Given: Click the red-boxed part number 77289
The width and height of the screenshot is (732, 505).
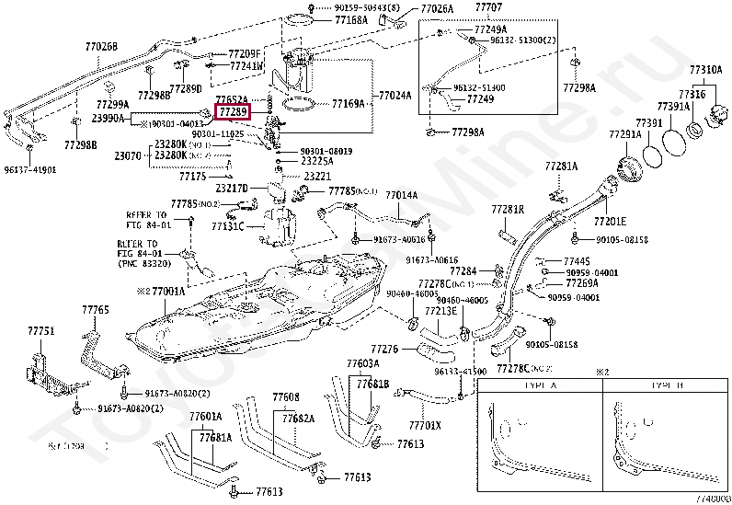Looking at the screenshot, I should point(232,111).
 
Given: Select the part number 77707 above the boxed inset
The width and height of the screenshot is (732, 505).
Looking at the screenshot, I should point(488,8).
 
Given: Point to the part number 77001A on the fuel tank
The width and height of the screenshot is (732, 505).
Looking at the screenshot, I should point(166,291).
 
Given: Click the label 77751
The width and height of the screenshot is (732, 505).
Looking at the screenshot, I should point(40,330).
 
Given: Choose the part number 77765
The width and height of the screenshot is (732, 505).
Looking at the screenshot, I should point(95,310).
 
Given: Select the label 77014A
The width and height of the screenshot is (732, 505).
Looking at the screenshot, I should point(401,195).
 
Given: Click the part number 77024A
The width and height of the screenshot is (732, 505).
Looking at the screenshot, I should point(395,95).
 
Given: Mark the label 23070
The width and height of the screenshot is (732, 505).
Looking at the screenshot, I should point(127,156).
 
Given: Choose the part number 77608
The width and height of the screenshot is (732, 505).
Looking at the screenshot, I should point(286,396).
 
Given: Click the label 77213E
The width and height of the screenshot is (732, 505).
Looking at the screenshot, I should point(440,311).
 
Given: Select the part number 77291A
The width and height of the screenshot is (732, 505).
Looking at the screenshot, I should point(623,135).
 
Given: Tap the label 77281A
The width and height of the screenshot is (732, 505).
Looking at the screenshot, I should point(560,166).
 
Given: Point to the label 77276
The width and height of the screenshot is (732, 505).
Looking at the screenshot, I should point(383,350).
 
